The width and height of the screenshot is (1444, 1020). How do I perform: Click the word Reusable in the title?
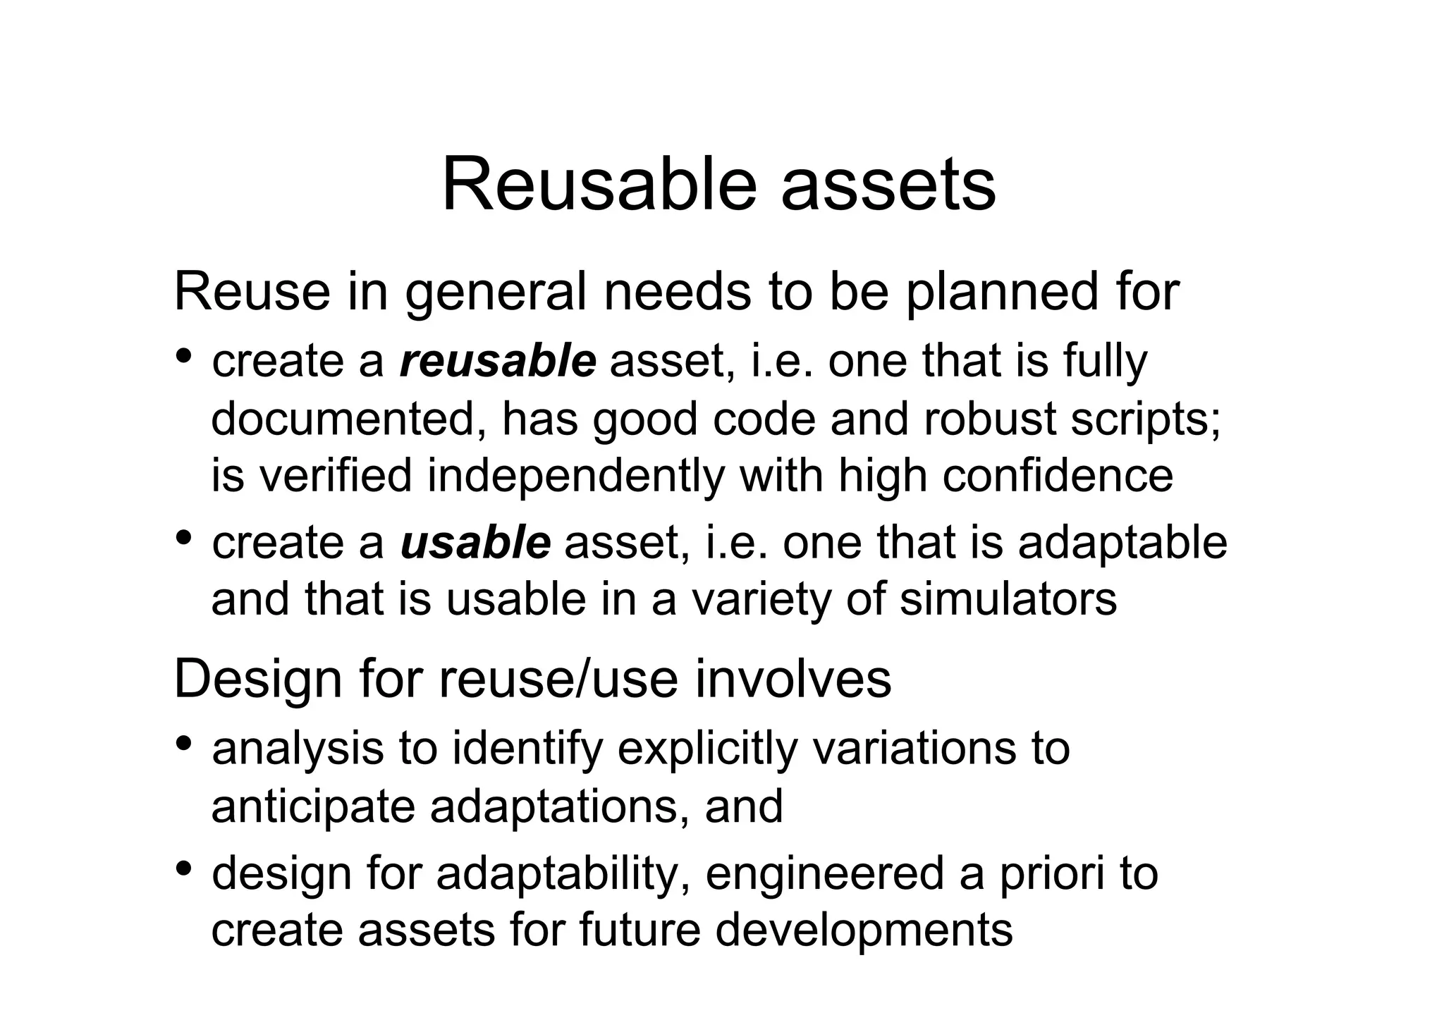(x=599, y=185)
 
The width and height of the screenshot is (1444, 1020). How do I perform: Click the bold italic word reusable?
(x=498, y=361)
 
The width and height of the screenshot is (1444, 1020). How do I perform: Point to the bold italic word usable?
(x=475, y=543)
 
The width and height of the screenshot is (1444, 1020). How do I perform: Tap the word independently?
(x=575, y=476)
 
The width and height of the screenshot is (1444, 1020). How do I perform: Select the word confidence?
(x=1058, y=476)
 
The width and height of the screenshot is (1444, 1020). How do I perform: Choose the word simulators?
(x=1008, y=599)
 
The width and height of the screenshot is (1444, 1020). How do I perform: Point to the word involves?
(x=793, y=680)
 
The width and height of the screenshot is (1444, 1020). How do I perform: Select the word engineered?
(x=824, y=875)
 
